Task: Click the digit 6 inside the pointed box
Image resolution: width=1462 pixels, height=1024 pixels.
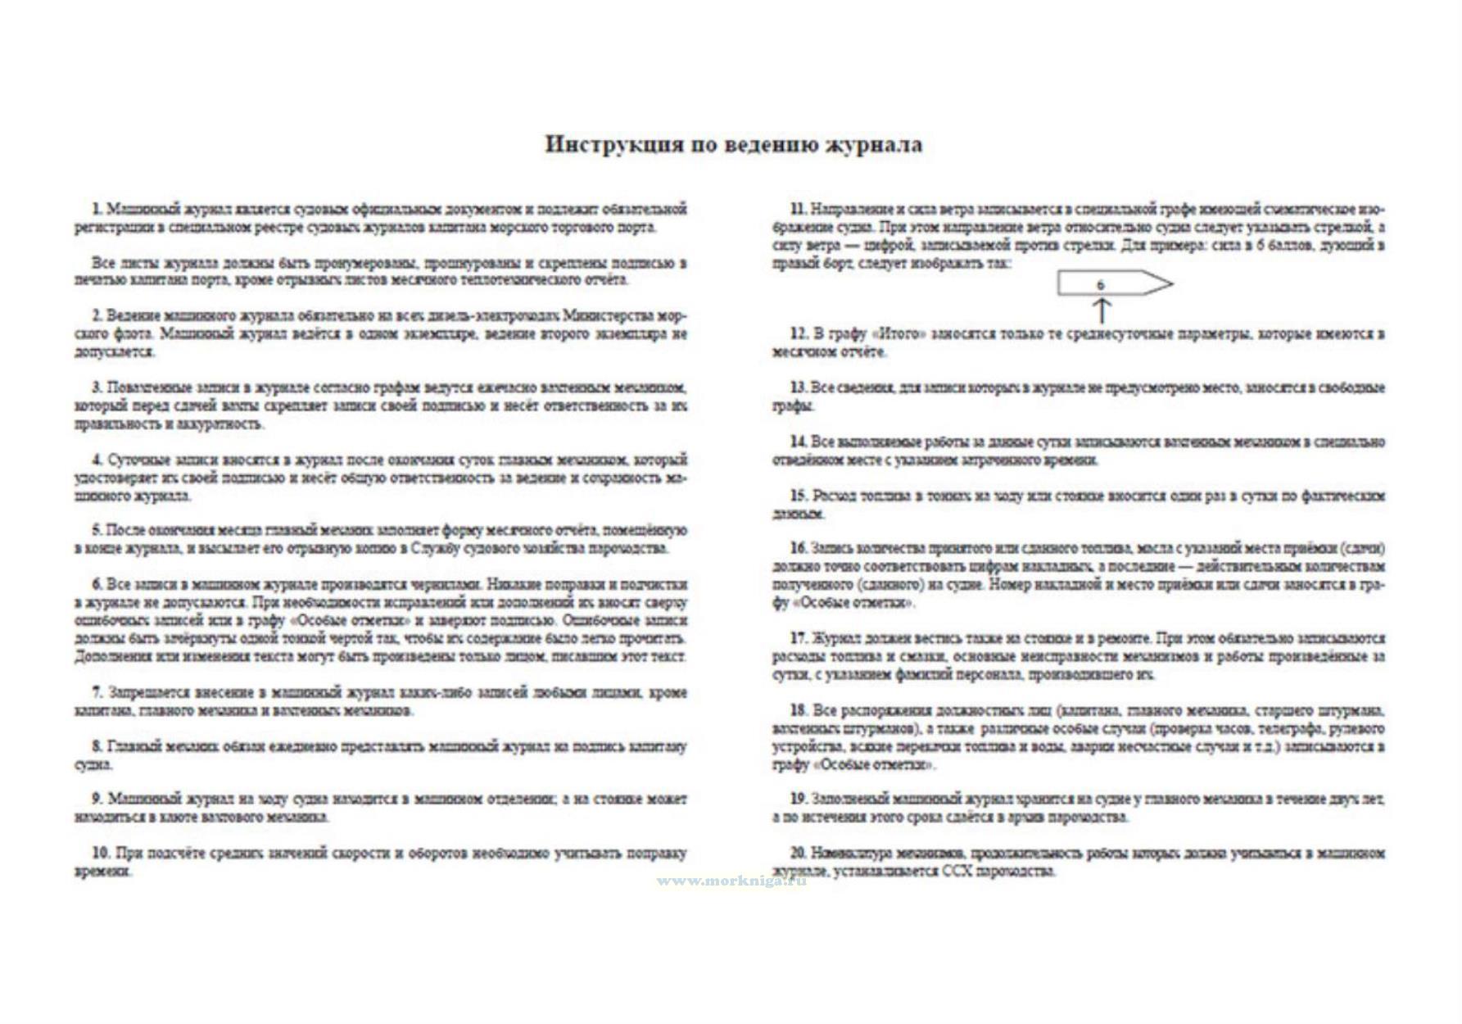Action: [1100, 285]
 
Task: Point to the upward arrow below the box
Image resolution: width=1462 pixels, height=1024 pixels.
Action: [1102, 310]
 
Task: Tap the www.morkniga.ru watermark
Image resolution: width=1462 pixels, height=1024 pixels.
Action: [731, 881]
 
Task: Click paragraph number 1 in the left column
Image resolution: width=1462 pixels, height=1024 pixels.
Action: [97, 209]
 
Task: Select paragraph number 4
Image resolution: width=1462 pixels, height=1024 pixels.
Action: [97, 460]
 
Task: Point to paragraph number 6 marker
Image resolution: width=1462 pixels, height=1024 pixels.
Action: [97, 585]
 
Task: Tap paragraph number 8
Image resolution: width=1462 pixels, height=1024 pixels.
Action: [97, 747]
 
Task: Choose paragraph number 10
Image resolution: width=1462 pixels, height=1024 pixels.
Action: [100, 854]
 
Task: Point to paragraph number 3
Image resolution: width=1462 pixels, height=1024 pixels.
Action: [97, 387]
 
